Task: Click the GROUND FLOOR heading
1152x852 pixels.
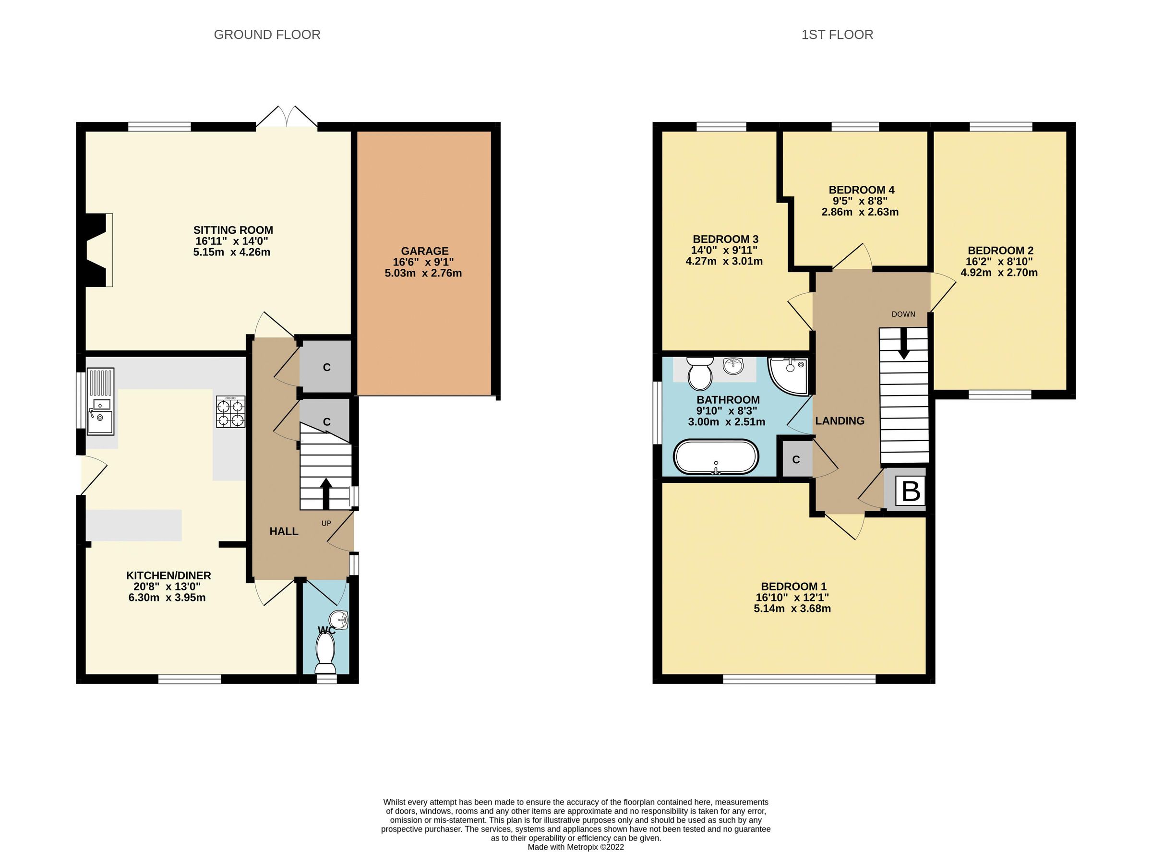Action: [266, 35]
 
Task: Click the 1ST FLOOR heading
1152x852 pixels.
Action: [837, 35]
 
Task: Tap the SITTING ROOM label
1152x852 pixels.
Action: [233, 230]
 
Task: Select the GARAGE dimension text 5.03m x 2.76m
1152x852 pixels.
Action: [423, 273]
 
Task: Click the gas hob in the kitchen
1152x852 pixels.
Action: [230, 411]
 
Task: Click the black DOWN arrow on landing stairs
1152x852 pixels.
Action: [903, 347]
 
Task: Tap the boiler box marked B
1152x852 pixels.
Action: [910, 491]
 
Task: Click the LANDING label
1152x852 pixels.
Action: [840, 421]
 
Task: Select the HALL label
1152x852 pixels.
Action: [284, 531]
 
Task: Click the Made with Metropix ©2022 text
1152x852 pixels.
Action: [576, 847]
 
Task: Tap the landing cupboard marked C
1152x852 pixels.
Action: [796, 459]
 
